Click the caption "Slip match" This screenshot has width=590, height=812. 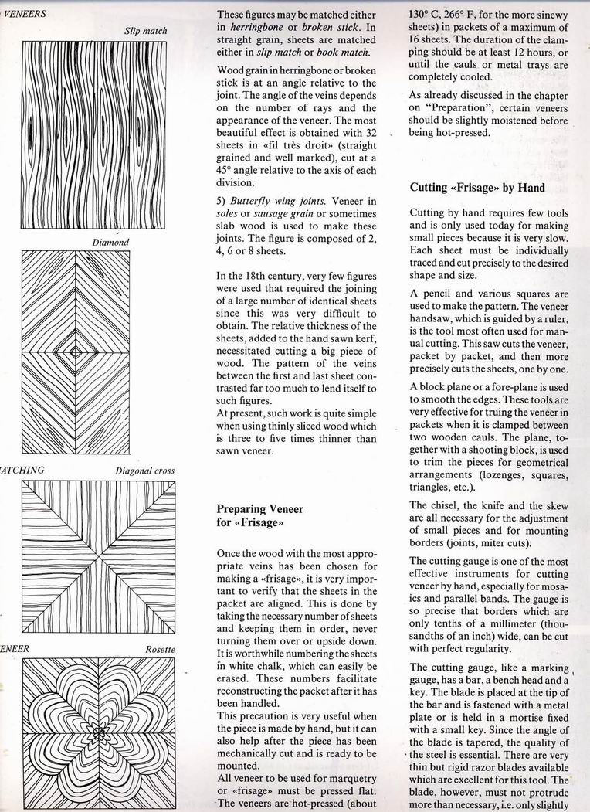(x=145, y=31)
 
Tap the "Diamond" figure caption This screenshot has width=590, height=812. (x=110, y=242)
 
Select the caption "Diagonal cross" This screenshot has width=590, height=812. (x=145, y=471)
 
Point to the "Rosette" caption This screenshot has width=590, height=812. (x=160, y=650)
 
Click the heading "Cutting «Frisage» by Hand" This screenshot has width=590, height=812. (x=477, y=187)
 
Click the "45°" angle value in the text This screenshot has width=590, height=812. (x=229, y=170)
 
